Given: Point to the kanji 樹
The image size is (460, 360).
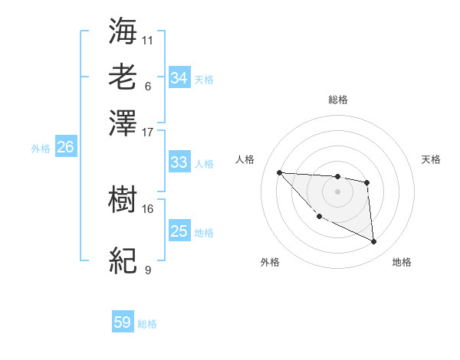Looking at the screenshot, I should click(123, 201).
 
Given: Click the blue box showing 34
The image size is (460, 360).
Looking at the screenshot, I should click(179, 78).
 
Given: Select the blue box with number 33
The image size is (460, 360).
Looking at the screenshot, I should click(179, 162).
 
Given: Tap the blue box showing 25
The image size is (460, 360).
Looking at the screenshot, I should click(179, 231).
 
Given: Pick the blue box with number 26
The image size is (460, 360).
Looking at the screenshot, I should click(65, 148).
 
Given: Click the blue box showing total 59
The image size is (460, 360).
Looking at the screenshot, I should click(123, 322).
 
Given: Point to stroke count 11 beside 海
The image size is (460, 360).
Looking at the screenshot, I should click(148, 40).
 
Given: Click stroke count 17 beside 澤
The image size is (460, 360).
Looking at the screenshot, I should click(148, 131).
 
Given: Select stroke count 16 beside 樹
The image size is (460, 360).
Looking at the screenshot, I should click(148, 208).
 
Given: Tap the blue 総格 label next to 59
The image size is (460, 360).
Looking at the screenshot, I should click(147, 324).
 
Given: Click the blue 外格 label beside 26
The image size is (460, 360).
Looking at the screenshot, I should click(41, 149).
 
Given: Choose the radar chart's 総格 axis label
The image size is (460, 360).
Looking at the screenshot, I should click(337, 100).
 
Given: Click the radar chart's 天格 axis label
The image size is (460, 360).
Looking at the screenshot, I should click(431, 159).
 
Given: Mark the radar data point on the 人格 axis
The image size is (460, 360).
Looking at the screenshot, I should click(279, 172).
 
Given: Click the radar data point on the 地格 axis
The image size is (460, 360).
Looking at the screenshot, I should click(374, 242).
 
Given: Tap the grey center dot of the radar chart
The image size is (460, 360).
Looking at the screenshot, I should click(337, 191).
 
